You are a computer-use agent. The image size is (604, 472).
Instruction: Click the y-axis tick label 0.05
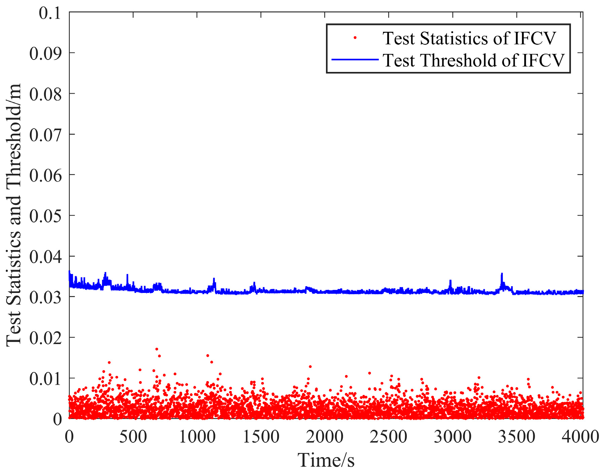[x=46, y=216]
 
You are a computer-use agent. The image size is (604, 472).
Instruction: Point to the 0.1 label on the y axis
[x=50, y=14]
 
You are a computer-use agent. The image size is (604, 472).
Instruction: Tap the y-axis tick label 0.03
[x=46, y=297]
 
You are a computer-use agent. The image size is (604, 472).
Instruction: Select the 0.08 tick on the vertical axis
[x=46, y=94]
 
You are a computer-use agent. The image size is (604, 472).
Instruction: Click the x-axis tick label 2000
[x=325, y=437]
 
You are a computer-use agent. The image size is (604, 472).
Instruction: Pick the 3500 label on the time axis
[x=516, y=437]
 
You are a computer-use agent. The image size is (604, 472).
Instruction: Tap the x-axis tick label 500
[x=133, y=437]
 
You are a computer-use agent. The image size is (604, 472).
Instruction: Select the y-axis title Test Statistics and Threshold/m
[x=14, y=215]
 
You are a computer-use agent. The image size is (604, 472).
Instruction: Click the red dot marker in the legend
[x=355, y=38]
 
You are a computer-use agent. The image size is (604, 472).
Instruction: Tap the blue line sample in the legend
[x=355, y=60]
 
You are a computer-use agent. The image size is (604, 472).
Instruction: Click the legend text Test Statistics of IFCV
[x=469, y=38]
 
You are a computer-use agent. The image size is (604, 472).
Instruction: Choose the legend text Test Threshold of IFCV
[x=473, y=60]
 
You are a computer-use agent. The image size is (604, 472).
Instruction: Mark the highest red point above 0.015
[x=157, y=349]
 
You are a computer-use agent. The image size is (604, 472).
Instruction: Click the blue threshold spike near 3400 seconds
[x=502, y=274]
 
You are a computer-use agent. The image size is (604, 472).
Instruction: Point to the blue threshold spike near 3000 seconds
[x=450, y=281]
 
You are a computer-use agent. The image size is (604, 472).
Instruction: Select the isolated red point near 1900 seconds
[x=310, y=367]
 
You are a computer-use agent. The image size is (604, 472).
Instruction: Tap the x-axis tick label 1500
[x=261, y=437]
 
